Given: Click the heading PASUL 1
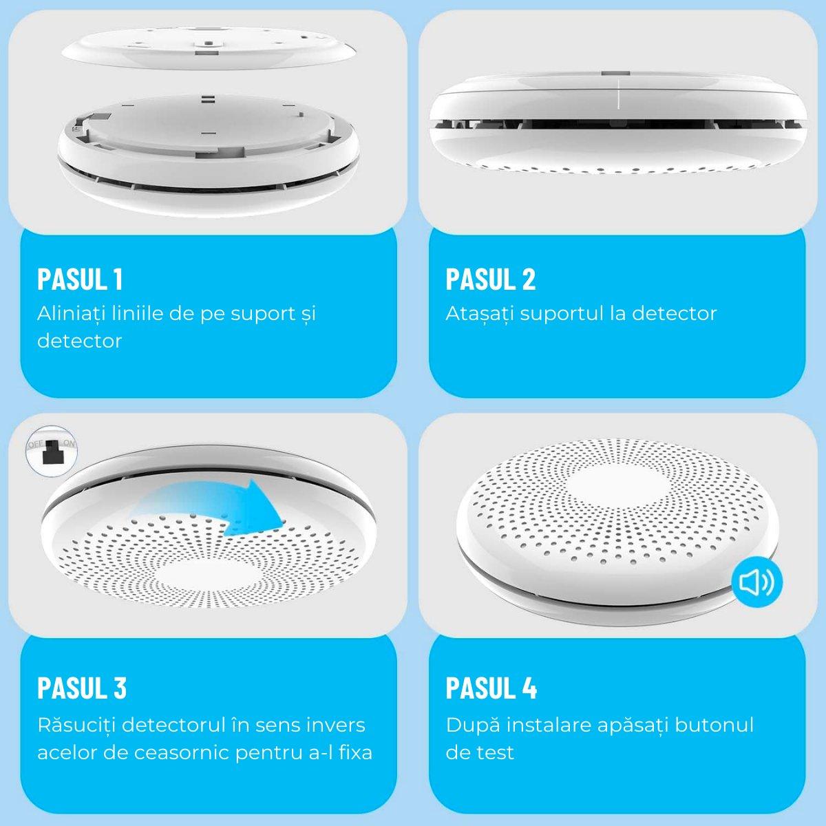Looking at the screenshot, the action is tap(80, 279).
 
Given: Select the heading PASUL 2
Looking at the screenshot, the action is tap(490, 279).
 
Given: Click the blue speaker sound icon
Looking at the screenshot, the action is tap(757, 582).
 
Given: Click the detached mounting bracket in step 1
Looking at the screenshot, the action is tap(209, 48).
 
